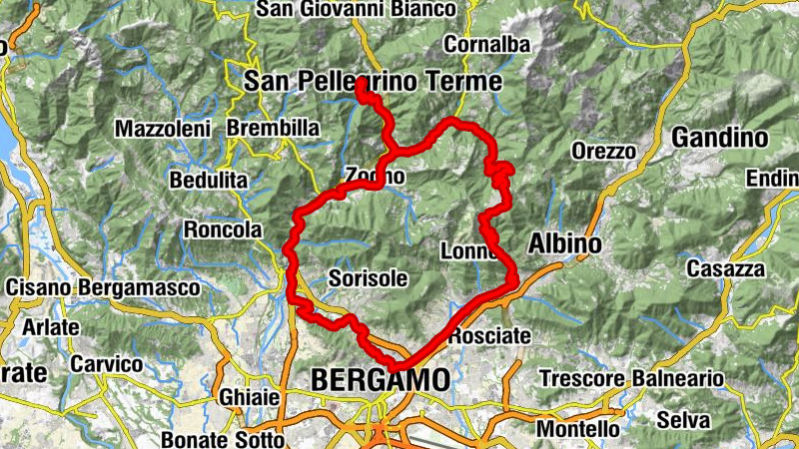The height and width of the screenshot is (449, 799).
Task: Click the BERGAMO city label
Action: tap(380, 381)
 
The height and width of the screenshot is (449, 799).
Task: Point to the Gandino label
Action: tap(719, 138)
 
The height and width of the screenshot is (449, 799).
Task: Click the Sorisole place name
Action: tap(368, 279)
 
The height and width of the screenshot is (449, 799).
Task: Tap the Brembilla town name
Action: tap(273, 129)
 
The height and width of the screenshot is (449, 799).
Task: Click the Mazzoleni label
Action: tap(163, 129)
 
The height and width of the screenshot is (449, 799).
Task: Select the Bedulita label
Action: tap(209, 181)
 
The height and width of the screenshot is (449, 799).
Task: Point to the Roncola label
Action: tap(222, 229)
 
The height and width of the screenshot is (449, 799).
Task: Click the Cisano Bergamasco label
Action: tap(103, 287)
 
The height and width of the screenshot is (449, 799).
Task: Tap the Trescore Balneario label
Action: tap(631, 379)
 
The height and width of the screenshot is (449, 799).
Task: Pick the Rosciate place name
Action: tap(489, 336)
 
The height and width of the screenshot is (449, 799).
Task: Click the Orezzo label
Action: tap(604, 152)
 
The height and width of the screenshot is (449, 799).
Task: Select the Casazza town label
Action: tap(724, 269)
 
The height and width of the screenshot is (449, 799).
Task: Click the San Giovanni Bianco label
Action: tap(357, 9)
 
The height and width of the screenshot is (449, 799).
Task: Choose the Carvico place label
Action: tap(106, 364)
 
